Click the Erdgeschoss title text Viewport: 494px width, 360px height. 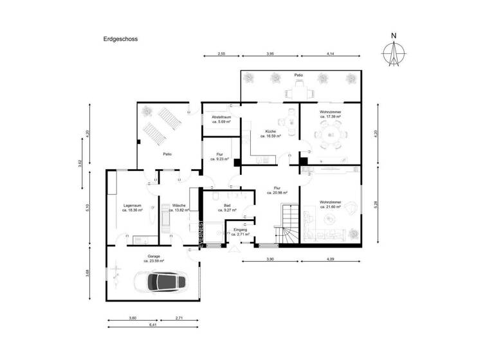[120, 39]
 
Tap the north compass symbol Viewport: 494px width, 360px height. [394, 52]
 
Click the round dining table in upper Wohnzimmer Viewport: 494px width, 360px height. [329, 136]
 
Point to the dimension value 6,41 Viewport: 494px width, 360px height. [152, 326]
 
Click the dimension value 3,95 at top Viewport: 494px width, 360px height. [270, 55]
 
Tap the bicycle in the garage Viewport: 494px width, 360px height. [116, 276]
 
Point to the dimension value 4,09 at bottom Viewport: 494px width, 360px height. [331, 258]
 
